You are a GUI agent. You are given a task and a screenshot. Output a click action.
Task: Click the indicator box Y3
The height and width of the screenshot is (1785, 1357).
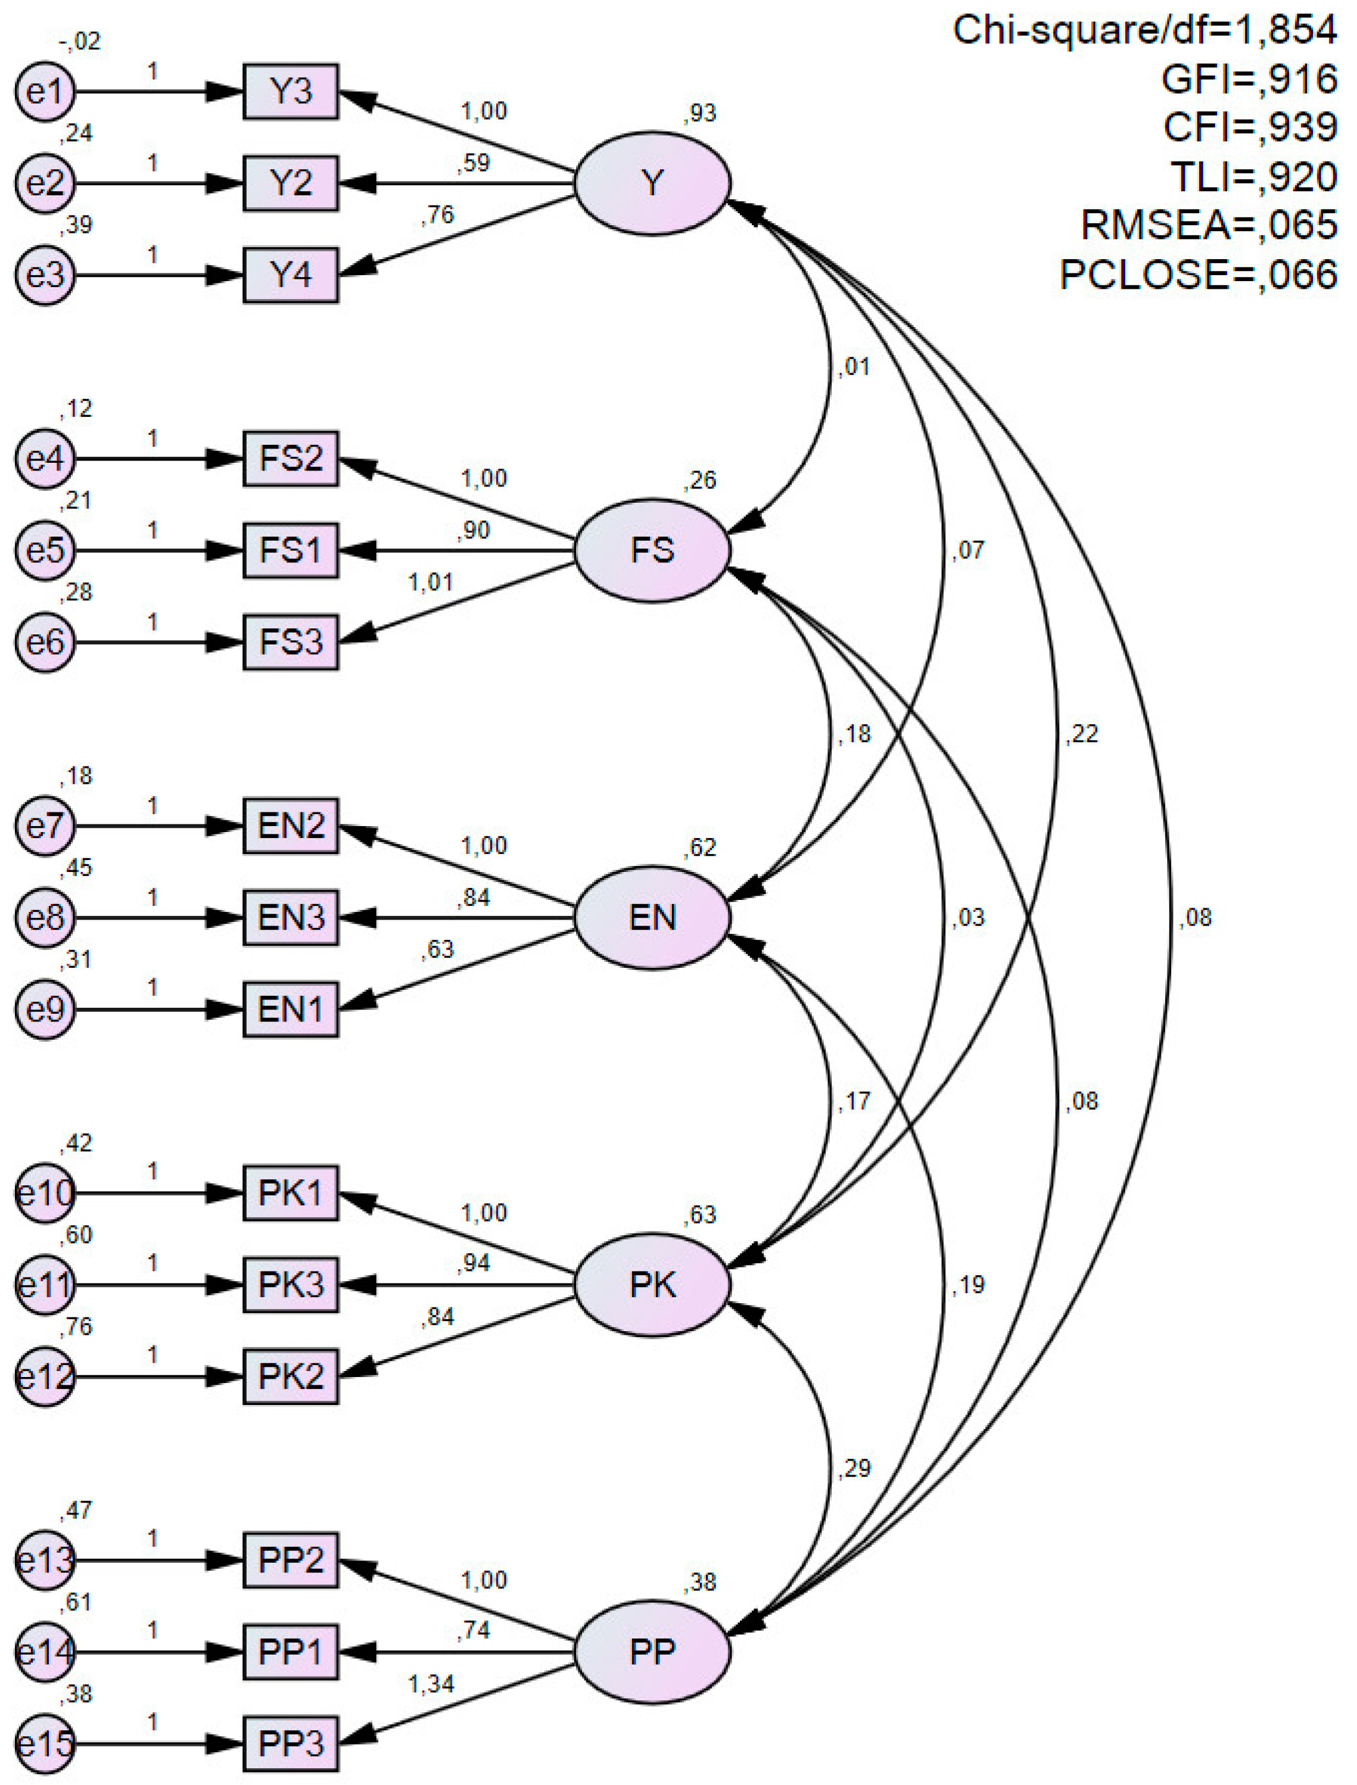tap(291, 91)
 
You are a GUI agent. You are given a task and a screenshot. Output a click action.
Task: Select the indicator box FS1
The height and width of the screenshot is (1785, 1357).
tap(291, 551)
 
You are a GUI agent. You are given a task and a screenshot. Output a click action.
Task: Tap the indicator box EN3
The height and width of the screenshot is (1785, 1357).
tap(291, 918)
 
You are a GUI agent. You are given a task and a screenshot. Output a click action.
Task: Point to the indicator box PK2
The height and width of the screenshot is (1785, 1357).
tap(291, 1377)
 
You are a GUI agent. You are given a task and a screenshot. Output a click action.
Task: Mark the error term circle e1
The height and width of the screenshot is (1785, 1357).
tap(45, 91)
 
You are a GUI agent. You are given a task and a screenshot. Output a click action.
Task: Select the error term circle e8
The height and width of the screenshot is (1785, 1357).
tap(45, 918)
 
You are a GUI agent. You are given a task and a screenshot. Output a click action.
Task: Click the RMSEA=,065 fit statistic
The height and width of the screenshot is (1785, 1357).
tap(1209, 225)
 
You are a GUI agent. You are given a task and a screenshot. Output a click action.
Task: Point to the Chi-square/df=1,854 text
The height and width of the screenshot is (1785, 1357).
tap(1144, 30)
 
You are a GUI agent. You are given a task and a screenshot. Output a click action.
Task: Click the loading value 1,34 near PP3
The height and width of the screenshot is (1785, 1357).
tap(431, 1684)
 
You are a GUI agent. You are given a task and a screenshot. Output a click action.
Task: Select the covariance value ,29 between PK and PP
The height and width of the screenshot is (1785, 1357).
tap(855, 1468)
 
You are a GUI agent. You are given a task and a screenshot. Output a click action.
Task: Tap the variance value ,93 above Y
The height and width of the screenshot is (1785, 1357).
tap(699, 113)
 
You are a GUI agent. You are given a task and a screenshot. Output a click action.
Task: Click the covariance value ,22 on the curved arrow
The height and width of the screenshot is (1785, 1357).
tap(1082, 733)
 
